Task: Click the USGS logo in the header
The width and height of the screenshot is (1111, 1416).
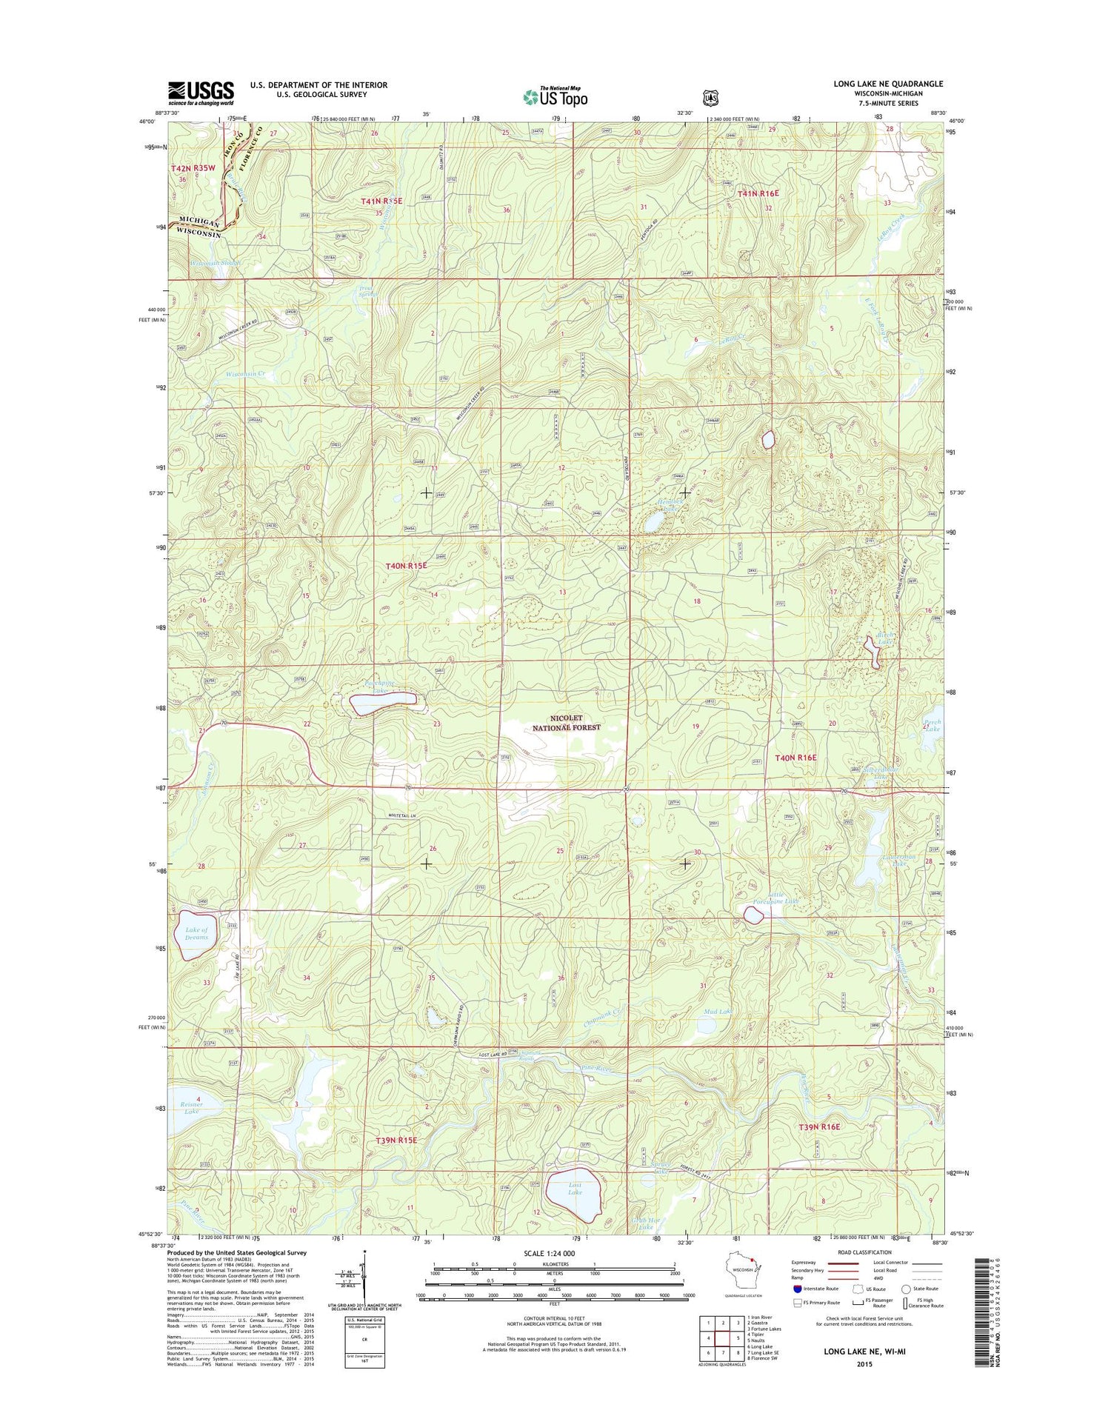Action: click(x=201, y=93)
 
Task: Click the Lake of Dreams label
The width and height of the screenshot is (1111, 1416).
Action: click(x=196, y=933)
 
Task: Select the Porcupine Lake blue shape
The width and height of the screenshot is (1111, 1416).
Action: click(x=383, y=703)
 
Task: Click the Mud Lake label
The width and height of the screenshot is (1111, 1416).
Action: click(x=718, y=1011)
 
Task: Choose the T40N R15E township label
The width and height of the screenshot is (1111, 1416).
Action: click(x=406, y=566)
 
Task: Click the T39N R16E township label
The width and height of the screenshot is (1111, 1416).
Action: click(x=819, y=1126)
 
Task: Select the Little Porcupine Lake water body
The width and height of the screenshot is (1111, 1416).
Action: click(x=753, y=916)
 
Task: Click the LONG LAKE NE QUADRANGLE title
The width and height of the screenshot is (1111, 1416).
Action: click(x=888, y=84)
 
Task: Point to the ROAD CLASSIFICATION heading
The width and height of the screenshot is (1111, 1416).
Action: click(x=864, y=1252)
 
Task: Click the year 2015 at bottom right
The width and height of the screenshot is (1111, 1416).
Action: click(x=864, y=1363)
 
